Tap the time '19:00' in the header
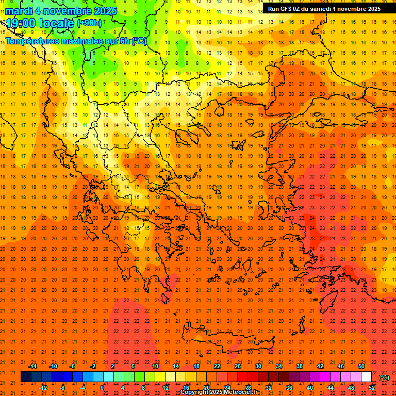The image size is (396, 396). click(x=21, y=23)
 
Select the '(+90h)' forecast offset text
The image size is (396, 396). click(x=89, y=23)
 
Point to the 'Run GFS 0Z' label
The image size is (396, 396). click(x=287, y=9)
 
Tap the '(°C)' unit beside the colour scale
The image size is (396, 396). click(x=384, y=377)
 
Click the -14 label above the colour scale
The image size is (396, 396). click(x=32, y=366)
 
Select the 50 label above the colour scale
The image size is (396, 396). click(x=361, y=366)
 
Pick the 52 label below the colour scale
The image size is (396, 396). click(x=372, y=388)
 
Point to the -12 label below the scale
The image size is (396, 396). click(x=43, y=388)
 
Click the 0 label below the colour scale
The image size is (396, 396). click(x=102, y=388)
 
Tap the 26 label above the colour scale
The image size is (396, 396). click(x=238, y=366)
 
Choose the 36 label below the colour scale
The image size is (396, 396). click(x=289, y=388)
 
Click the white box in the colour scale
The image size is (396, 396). click(x=367, y=377)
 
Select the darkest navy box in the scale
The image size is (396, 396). click(x=26, y=377)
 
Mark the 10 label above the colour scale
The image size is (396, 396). click(x=155, y=366)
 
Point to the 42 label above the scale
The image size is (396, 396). click(x=320, y=366)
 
